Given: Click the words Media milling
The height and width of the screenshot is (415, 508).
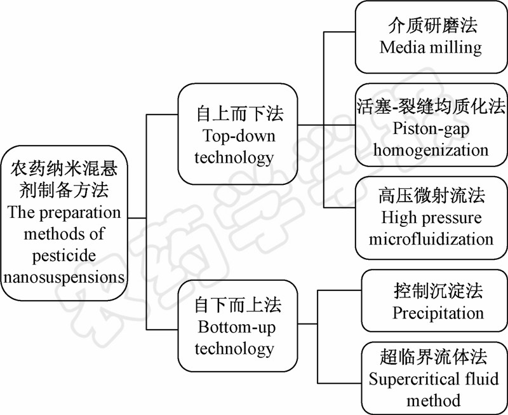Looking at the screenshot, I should (x=431, y=46).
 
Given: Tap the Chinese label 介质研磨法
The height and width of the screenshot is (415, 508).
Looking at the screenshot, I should (x=431, y=25).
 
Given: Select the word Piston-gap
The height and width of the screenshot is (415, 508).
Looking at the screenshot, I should (x=431, y=129).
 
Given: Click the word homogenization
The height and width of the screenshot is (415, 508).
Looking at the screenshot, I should (x=431, y=150).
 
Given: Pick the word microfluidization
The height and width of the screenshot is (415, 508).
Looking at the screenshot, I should (x=431, y=239).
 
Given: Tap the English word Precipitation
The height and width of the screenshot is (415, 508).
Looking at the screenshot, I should (x=438, y=313).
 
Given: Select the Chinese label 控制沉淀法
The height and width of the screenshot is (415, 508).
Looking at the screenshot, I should (x=438, y=291).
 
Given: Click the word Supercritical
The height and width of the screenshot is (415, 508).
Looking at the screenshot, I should (x=410, y=379).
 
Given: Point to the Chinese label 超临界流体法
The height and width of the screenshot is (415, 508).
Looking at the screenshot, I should (x=434, y=358).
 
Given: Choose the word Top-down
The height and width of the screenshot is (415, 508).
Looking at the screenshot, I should (x=239, y=135).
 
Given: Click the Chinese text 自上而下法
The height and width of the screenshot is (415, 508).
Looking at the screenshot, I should (x=239, y=114).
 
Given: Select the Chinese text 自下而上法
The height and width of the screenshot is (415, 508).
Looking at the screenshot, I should (x=238, y=306).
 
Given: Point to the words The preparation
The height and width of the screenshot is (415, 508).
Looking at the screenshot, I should (x=63, y=212).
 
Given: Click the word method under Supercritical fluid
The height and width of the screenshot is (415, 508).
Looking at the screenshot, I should (x=434, y=400).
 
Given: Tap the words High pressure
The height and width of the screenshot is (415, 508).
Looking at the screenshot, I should (x=431, y=218).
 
